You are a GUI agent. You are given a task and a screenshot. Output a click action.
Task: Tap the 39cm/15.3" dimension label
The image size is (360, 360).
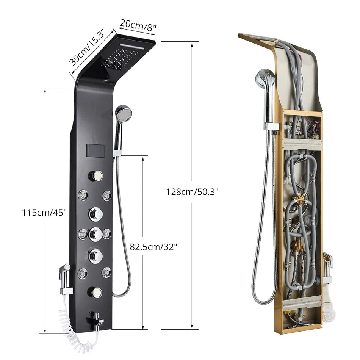tap(87, 47)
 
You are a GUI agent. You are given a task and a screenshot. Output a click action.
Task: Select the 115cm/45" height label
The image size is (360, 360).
tap(44, 213)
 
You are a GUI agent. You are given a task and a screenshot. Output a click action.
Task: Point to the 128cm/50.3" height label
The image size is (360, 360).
tap(192, 191)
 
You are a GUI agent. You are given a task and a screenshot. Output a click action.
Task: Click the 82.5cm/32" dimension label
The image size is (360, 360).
tap(153, 247)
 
